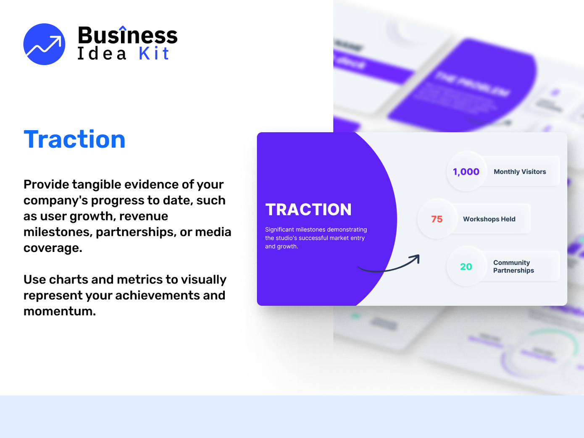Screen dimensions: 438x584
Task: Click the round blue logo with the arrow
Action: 44,44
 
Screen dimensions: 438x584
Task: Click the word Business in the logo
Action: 127,35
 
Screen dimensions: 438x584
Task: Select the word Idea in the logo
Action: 102,54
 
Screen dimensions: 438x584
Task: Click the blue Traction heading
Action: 75,139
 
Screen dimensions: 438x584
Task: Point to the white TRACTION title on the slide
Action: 308,210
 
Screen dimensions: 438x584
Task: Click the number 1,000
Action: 466,172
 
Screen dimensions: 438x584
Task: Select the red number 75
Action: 437,219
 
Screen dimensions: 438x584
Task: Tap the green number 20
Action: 466,267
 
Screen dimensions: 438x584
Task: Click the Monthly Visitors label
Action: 520,172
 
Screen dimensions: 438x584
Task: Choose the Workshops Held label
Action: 489,219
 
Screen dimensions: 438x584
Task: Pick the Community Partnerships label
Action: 513,267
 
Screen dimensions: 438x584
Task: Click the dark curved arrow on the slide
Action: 389,265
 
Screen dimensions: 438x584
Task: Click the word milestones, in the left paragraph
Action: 58,232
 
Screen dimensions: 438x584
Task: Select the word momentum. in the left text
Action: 60,311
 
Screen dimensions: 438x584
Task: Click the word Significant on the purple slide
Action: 279,230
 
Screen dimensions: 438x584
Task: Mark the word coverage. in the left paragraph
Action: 53,248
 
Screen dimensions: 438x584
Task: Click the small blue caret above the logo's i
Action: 122,28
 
